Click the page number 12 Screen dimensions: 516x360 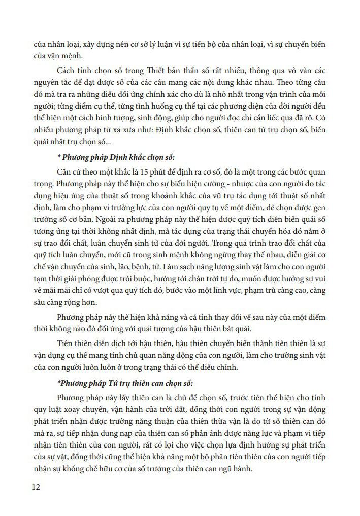tap(36, 488)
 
